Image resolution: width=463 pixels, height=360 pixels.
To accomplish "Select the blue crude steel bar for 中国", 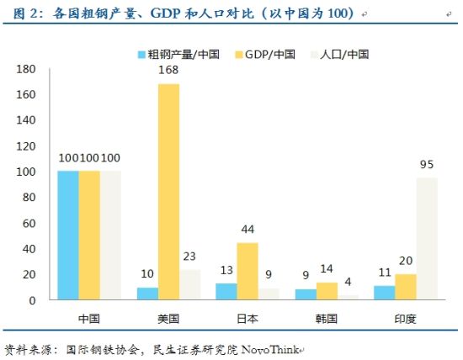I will pos(68,236).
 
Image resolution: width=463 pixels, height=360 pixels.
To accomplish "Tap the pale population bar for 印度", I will pos(428,238).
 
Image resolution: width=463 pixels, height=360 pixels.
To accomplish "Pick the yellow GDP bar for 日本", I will pos(247,271).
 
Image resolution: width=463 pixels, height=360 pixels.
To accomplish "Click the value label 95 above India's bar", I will pos(427,166).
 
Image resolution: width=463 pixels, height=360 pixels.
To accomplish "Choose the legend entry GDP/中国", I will pos(268,54).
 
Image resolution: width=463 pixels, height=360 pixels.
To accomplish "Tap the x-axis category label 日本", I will pos(247,319).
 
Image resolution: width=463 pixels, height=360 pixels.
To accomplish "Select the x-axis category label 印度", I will pos(405,319).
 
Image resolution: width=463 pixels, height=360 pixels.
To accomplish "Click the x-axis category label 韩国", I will pos(326,319).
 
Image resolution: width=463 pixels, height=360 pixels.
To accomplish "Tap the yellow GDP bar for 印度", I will pos(406,287).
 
